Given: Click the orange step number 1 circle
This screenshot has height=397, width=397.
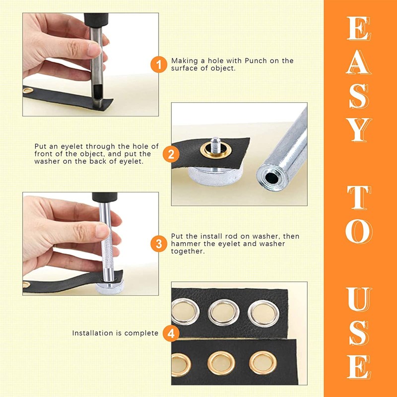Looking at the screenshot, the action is click(159, 65).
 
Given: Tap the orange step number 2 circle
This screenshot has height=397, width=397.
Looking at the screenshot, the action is click(171, 154).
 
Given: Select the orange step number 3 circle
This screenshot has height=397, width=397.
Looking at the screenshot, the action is click(159, 244).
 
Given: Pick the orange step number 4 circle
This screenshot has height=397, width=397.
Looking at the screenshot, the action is click(171, 333).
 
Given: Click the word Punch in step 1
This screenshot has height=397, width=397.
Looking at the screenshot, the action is click(256, 61).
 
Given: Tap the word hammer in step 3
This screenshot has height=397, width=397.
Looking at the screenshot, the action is click(183, 244).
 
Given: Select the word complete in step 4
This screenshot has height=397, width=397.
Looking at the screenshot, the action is click(141, 333).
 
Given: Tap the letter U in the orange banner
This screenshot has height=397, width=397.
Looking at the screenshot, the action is click(359, 299).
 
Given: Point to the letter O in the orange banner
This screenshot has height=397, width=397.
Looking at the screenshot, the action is click(359, 231).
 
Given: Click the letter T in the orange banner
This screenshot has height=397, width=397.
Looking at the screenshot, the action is click(359, 198).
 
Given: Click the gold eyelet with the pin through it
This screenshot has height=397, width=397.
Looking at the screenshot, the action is click(216, 150).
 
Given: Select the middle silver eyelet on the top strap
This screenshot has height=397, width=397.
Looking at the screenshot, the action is click(224, 313).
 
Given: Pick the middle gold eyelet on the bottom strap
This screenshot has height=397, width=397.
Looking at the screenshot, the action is click(221, 363).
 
